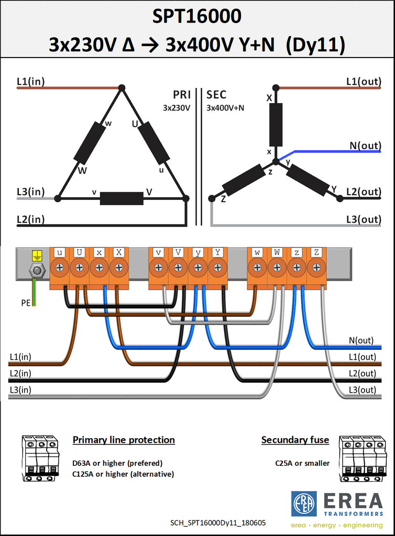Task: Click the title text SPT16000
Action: [x=196, y=16]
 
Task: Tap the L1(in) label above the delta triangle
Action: [x=31, y=81]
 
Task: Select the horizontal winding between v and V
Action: [x=122, y=198]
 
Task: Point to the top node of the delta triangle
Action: [x=122, y=88]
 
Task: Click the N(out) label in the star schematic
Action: [x=365, y=146]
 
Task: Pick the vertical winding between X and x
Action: [x=276, y=125]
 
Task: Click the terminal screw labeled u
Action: [x=60, y=267]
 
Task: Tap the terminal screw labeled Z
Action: [x=316, y=267]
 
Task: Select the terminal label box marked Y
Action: [x=217, y=252]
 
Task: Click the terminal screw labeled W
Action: [x=277, y=267]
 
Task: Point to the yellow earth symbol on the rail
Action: [x=37, y=255]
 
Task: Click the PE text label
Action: [x=26, y=303]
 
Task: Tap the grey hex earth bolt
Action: [x=37, y=271]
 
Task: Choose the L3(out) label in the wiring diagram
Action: [x=362, y=389]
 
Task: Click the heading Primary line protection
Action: [x=124, y=440]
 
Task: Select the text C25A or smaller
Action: [x=302, y=463]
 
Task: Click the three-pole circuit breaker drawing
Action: [x=40, y=459]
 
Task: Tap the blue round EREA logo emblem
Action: [x=304, y=504]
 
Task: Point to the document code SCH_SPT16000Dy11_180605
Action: [x=218, y=523]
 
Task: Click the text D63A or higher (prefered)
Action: [x=117, y=463]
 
